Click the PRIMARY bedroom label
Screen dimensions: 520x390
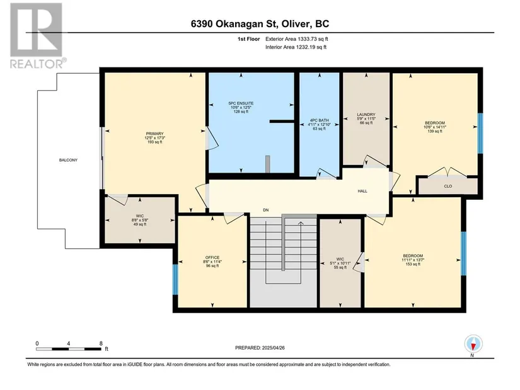(x=155, y=134)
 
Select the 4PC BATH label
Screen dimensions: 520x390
(x=320, y=120)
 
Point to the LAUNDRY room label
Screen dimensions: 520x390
(x=366, y=115)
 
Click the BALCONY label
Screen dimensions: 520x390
(x=68, y=160)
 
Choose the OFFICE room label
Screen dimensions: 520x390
(x=212, y=258)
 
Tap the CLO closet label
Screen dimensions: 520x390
(x=448, y=186)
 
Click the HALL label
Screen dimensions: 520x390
(x=362, y=192)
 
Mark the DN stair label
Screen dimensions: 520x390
(x=265, y=210)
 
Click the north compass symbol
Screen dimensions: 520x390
(x=473, y=344)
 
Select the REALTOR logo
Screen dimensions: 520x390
(x=37, y=35)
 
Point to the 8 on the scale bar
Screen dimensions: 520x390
(x=101, y=343)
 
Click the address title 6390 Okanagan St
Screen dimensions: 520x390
(x=231, y=24)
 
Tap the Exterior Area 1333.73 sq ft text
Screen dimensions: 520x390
(x=297, y=39)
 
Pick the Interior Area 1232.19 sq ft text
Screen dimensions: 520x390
(x=296, y=47)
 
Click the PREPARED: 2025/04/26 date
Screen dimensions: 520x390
(x=260, y=348)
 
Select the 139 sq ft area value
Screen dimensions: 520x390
(x=435, y=131)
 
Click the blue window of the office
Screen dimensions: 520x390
(x=175, y=279)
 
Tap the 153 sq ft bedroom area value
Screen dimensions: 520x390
(x=413, y=265)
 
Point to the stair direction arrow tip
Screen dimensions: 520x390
(x=301, y=222)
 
